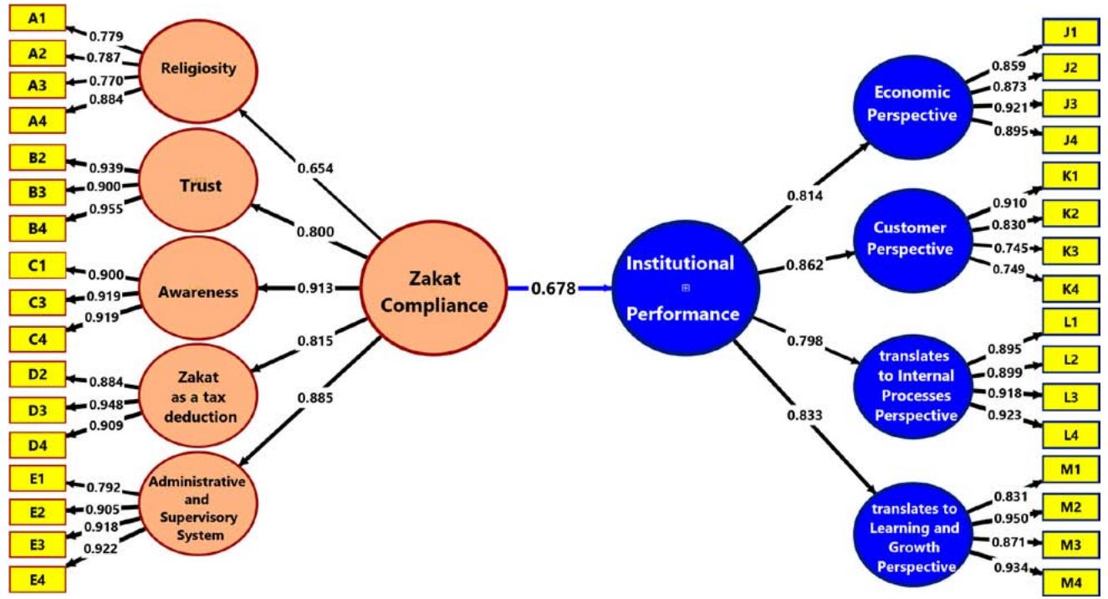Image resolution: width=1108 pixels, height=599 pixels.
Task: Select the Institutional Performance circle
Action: [x=684, y=289]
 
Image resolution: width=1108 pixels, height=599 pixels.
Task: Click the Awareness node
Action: [x=198, y=292]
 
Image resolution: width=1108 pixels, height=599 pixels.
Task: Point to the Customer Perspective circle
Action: [x=911, y=238]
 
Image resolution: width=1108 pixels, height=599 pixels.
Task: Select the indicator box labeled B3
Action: [x=37, y=192]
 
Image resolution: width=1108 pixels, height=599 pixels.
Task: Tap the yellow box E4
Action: [x=37, y=578]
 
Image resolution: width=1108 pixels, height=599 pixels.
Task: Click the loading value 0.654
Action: [x=315, y=168]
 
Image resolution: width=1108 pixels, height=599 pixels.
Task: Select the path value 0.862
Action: [x=804, y=264]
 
